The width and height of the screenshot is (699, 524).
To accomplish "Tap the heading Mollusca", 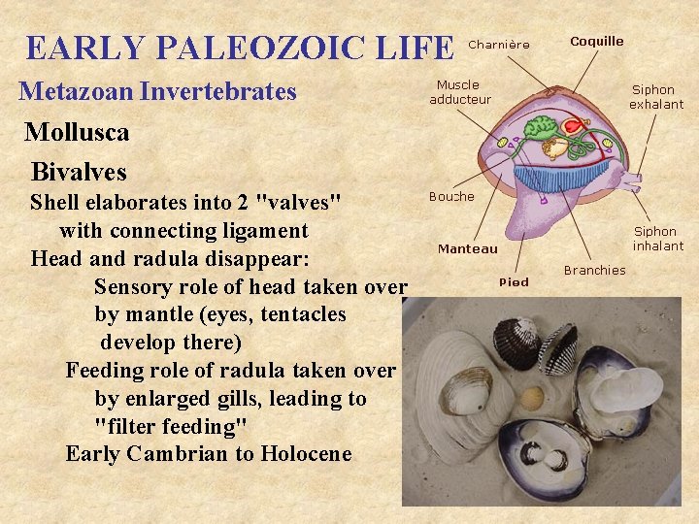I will click(77, 131).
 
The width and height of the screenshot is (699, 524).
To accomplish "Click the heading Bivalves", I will click(79, 172).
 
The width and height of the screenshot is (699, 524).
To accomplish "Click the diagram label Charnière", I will click(499, 45).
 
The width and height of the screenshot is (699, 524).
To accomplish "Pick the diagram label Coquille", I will click(596, 42).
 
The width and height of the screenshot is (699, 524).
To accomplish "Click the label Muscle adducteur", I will click(460, 92).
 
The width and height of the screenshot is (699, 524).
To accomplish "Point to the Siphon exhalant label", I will click(656, 97).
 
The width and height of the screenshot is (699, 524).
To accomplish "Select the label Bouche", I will click(451, 197).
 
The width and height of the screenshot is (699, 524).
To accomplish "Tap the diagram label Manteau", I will click(467, 249).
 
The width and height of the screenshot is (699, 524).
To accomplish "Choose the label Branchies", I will click(594, 271).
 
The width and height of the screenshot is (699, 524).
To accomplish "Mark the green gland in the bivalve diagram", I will click(539, 126).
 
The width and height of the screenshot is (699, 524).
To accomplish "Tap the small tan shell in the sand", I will click(532, 397).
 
